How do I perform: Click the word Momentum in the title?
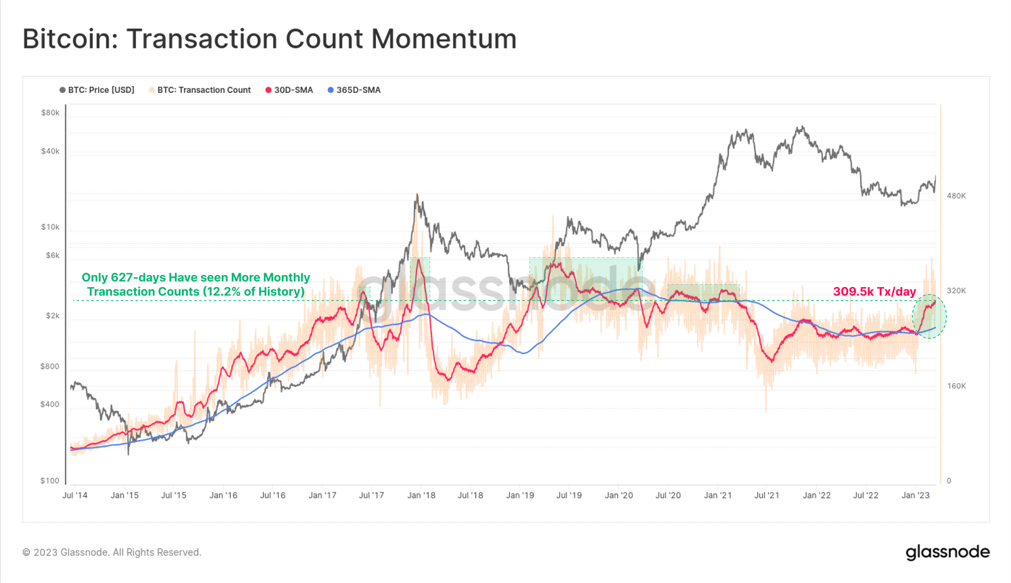click(x=444, y=39)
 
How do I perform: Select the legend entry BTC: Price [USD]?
click(x=97, y=90)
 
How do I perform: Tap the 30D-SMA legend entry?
click(x=289, y=90)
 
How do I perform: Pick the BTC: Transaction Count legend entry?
click(x=200, y=90)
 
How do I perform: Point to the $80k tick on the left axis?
click(x=50, y=113)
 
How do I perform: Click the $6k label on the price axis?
click(x=52, y=255)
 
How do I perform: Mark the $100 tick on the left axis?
click(x=50, y=481)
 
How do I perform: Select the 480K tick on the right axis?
click(x=956, y=196)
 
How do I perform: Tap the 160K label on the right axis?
click(x=956, y=386)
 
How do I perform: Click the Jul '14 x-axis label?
click(x=75, y=495)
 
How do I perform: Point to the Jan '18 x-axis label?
click(x=421, y=495)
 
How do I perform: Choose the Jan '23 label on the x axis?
click(x=916, y=495)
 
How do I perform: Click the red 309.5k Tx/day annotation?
click(x=874, y=291)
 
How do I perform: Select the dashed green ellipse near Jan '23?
click(x=929, y=316)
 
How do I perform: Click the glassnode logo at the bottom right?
click(x=947, y=552)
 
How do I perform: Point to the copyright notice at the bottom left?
click(x=112, y=552)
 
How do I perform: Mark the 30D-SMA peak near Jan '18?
click(x=418, y=259)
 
